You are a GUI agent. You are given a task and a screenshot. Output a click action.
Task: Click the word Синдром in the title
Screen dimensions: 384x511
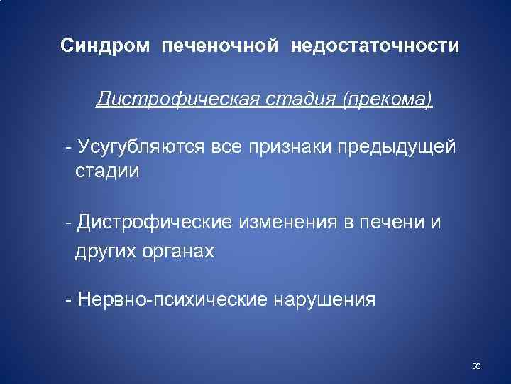pos(105,46)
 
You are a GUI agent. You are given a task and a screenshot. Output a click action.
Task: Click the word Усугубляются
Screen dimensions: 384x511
pos(147,147)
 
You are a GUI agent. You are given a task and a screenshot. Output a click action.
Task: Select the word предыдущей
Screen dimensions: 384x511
pos(414,147)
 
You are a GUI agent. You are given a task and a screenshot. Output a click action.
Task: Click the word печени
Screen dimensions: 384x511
pos(388,223)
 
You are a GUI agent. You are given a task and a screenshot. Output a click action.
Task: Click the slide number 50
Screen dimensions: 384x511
pos(476,366)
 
